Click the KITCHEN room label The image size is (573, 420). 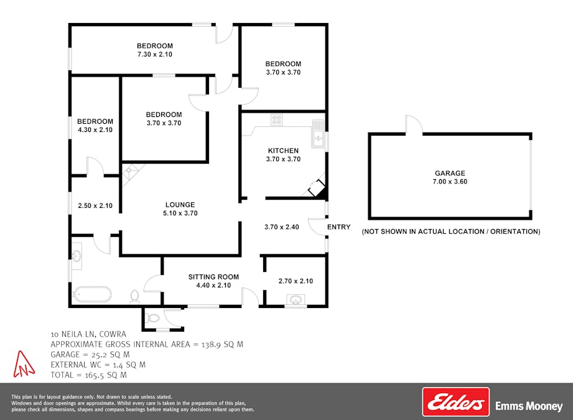pos(283,151)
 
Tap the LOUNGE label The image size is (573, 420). pos(180,205)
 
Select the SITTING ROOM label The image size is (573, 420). pos(213,277)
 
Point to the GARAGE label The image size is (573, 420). pos(450,173)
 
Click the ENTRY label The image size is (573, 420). pos(338,227)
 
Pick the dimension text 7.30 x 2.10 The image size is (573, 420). pos(154,54)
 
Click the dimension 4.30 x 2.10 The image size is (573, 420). pos(95,130)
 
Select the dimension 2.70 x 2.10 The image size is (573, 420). pos(296,281)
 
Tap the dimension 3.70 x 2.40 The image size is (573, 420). pos(282,227)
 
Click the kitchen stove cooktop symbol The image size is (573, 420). pos(277,119)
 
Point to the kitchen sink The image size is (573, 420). pos(319,134)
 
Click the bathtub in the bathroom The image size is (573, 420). pos(92,294)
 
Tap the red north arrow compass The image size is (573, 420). pos(24,364)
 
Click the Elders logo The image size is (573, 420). pos(455,402)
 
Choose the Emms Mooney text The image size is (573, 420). pos(529,406)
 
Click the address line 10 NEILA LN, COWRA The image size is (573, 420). pos(88,334)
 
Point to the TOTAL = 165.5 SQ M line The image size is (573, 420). pos(88,375)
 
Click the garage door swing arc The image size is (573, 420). pos(416,120)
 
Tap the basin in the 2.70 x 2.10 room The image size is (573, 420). pos(296,300)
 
